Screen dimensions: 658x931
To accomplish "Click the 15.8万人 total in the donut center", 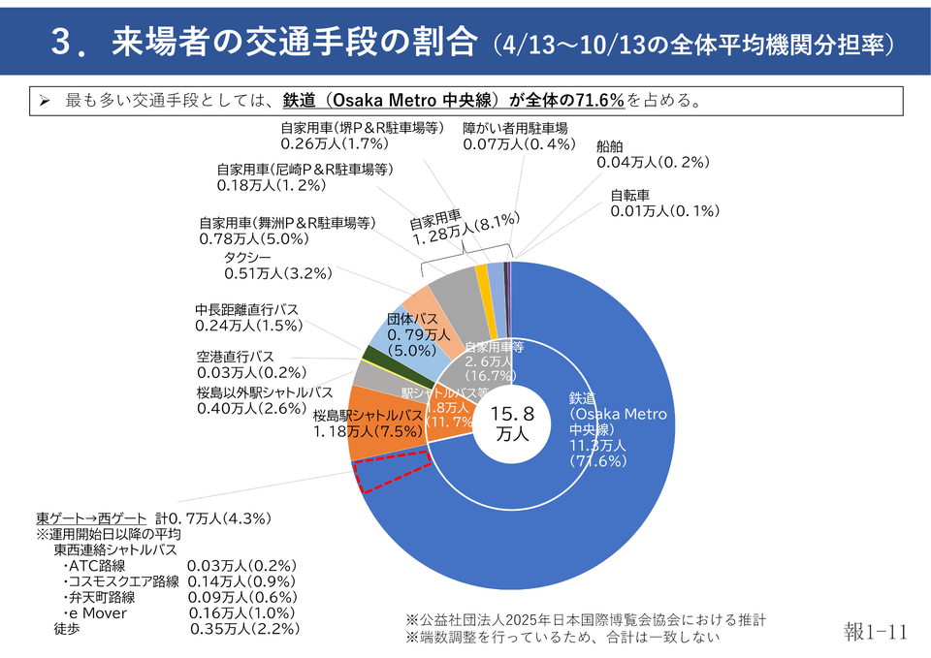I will click(x=509, y=424).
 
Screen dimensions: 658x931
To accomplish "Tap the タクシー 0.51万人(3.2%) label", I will click(x=277, y=266).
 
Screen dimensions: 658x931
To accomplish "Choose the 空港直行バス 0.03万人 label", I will click(x=251, y=364).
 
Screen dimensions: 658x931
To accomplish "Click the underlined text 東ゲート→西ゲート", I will click(x=91, y=518).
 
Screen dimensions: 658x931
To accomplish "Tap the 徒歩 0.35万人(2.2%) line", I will click(x=176, y=628).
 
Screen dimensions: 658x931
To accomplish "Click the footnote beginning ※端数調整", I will click(x=562, y=637).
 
